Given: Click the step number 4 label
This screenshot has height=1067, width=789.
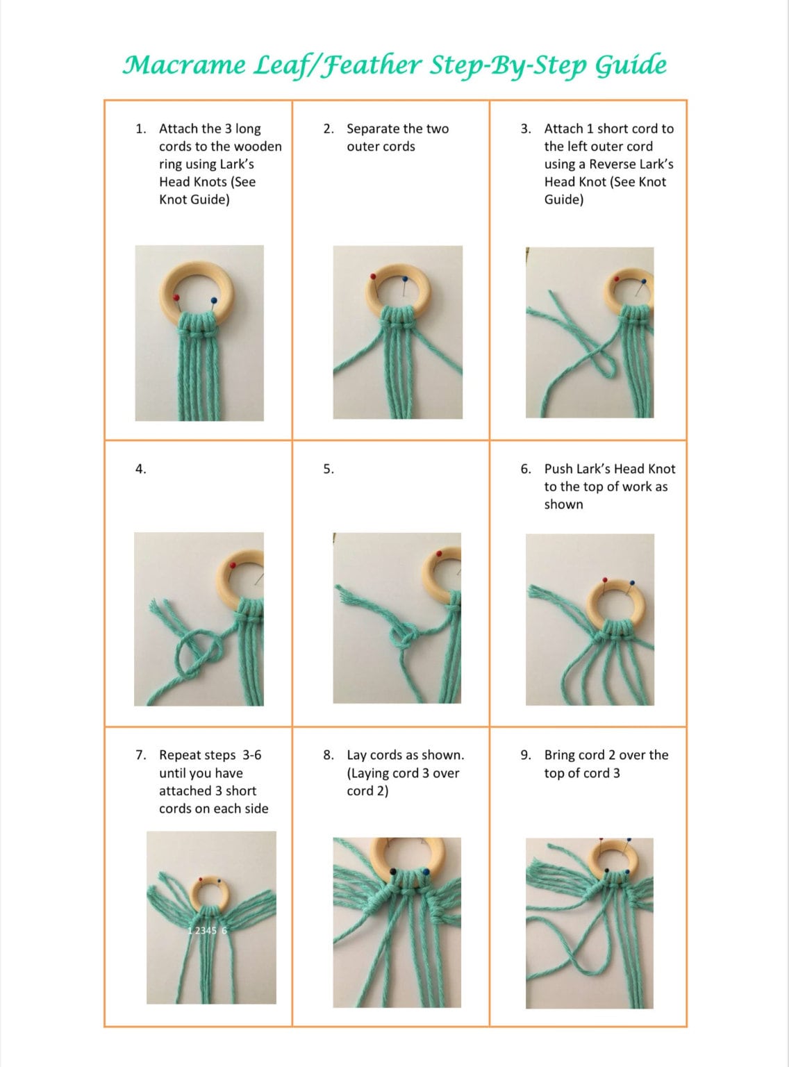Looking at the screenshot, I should click(140, 469).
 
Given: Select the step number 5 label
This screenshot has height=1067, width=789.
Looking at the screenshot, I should click(329, 469).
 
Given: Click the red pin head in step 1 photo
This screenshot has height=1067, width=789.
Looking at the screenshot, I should click(176, 297).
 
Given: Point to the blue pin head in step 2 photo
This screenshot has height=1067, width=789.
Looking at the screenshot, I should click(405, 280).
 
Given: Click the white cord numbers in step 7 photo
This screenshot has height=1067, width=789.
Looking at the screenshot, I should click(207, 930).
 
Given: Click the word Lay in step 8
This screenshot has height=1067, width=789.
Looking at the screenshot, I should click(356, 755).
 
